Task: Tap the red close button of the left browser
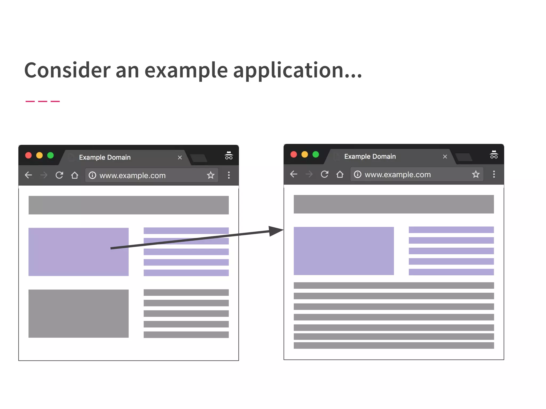pyautogui.click(x=28, y=156)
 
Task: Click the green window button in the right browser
pyautogui.click(x=316, y=154)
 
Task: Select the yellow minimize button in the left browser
pyautogui.click(x=39, y=156)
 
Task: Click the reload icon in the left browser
pyautogui.click(x=59, y=175)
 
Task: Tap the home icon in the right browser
pyautogui.click(x=340, y=174)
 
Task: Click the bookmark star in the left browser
pyautogui.click(x=211, y=175)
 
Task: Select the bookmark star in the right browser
pyautogui.click(x=476, y=174)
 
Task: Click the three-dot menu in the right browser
pyautogui.click(x=494, y=174)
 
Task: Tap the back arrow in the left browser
pyautogui.click(x=28, y=175)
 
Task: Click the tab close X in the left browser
pyautogui.click(x=180, y=158)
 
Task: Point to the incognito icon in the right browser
pyautogui.click(x=494, y=155)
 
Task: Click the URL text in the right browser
pyautogui.click(x=398, y=175)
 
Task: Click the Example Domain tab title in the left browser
pyautogui.click(x=105, y=157)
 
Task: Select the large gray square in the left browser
pyautogui.click(x=78, y=313)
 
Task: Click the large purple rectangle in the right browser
pyautogui.click(x=344, y=251)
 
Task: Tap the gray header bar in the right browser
pyautogui.click(x=394, y=204)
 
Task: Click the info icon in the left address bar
pyautogui.click(x=92, y=175)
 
